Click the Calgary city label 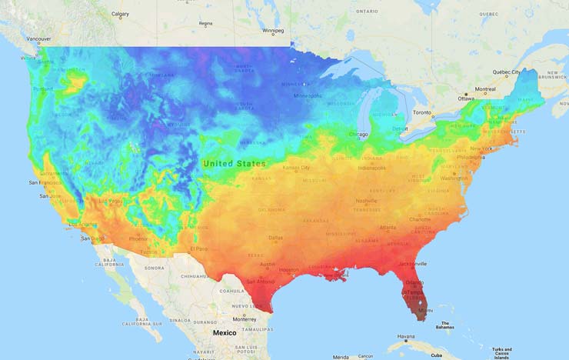click(120, 14)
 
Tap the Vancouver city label click(38, 38)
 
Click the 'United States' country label click(235, 164)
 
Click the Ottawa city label click(467, 98)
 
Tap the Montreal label click(484, 89)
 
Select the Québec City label click(507, 72)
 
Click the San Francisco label click(45, 183)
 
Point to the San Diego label click(94, 238)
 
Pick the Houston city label click(289, 269)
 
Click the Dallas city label click(275, 238)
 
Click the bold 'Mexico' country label click(225, 333)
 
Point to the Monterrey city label click(245, 318)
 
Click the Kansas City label click(296, 167)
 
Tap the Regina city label click(205, 24)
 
